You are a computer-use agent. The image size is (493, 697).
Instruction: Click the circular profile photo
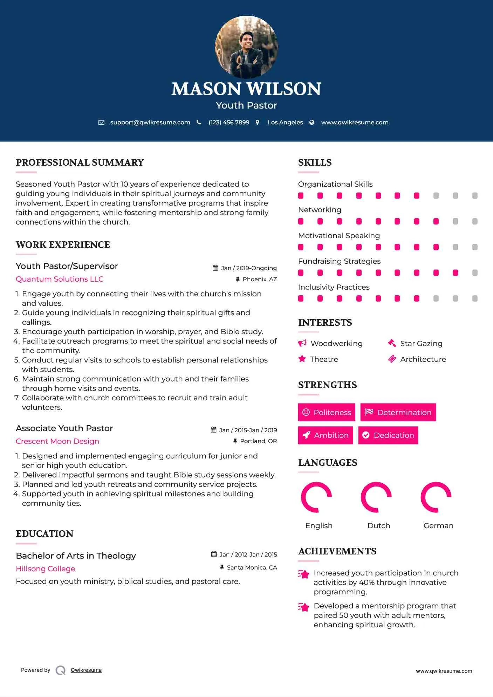pyautogui.click(x=246, y=47)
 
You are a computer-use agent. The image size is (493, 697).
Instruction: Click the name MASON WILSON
pyautogui.click(x=246, y=89)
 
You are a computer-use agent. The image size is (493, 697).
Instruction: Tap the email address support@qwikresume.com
pyautogui.click(x=150, y=123)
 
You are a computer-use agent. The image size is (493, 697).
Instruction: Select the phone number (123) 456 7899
pyautogui.click(x=229, y=123)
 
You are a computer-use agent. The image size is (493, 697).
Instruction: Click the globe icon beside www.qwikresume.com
pyautogui.click(x=312, y=123)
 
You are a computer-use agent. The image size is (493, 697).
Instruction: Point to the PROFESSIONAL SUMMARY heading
pyautogui.click(x=80, y=163)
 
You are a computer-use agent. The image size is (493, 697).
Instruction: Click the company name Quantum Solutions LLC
pyautogui.click(x=60, y=279)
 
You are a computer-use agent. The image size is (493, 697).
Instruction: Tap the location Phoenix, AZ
pyautogui.click(x=260, y=279)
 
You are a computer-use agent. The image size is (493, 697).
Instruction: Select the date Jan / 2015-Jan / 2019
pyautogui.click(x=248, y=430)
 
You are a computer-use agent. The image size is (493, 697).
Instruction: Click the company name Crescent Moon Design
pyautogui.click(x=57, y=441)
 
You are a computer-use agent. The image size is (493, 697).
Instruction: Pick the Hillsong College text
pyautogui.click(x=46, y=569)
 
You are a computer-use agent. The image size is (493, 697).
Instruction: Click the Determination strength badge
pyautogui.click(x=398, y=412)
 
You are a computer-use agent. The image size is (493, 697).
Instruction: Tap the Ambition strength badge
pyautogui.click(x=326, y=435)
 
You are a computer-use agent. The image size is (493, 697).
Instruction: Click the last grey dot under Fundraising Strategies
pyautogui.click(x=475, y=273)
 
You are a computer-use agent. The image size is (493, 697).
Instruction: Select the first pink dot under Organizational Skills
pyautogui.click(x=301, y=196)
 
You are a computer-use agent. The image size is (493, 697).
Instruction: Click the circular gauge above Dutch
pyautogui.click(x=376, y=497)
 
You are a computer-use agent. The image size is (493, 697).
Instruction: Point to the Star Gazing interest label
pyautogui.click(x=421, y=344)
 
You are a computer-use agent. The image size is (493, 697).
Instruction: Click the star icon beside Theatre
pyautogui.click(x=302, y=359)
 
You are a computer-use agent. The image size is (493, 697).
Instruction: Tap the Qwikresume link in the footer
pyautogui.click(x=86, y=670)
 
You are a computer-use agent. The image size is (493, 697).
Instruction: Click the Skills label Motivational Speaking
pyautogui.click(x=339, y=236)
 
